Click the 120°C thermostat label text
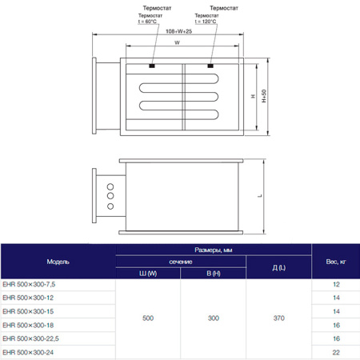[x=210, y=19]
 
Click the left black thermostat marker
[x=153, y=64]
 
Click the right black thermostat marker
[x=211, y=64]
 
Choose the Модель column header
[x=58, y=262]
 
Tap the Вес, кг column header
[x=336, y=262]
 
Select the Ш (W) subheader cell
[x=148, y=274]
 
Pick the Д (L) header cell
[x=278, y=268]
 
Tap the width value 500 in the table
[x=148, y=318]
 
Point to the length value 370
[x=278, y=318]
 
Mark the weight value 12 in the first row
[x=336, y=285]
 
